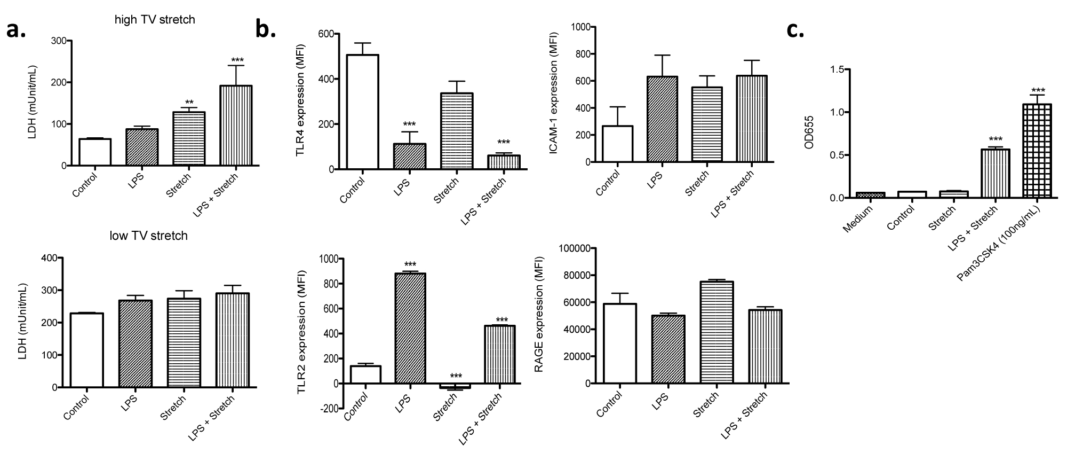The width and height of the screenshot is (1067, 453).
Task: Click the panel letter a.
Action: click(x=15, y=30)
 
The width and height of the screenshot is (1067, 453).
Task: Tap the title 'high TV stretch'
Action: click(x=155, y=20)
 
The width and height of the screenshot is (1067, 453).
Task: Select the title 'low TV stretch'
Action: click(x=149, y=236)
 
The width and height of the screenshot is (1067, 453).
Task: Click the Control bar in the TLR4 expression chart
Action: click(x=362, y=112)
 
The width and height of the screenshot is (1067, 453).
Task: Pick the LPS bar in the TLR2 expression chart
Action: click(x=410, y=329)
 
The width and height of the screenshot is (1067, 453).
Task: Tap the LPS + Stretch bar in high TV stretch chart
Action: click(x=236, y=126)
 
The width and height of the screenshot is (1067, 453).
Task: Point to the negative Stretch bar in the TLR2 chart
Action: click(x=457, y=386)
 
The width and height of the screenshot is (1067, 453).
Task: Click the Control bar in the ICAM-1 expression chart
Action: click(x=618, y=144)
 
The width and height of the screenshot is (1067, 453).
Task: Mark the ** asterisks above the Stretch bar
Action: click(x=189, y=102)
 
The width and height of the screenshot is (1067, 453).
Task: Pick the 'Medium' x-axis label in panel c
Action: click(x=859, y=219)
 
